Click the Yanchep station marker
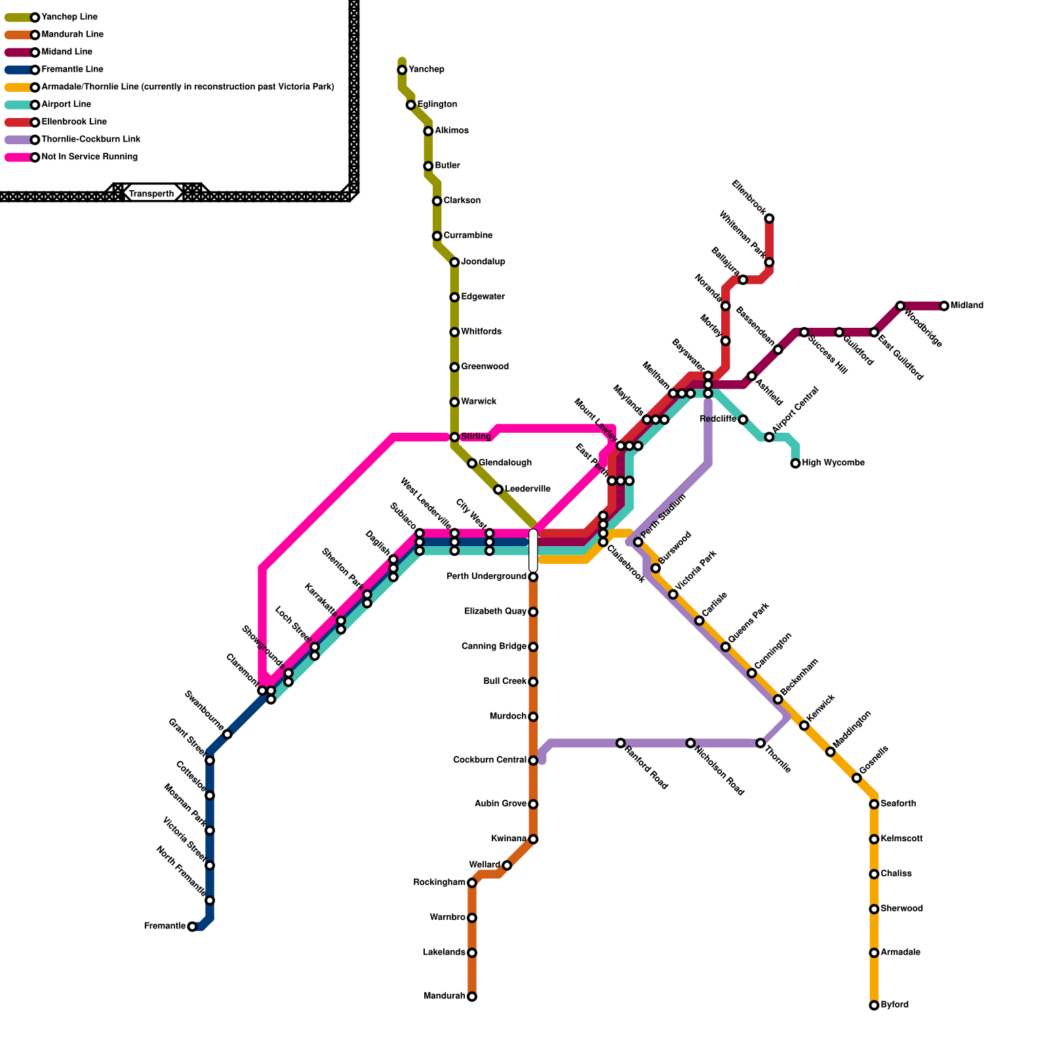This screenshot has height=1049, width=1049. (x=402, y=70)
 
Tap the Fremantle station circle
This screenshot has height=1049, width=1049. (x=192, y=926)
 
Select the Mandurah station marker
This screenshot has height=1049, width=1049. (x=472, y=997)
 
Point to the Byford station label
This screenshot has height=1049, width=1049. (x=894, y=1005)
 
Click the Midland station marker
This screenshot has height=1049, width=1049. (x=944, y=306)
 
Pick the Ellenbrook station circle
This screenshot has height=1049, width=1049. (x=769, y=218)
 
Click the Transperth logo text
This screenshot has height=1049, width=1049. (x=151, y=193)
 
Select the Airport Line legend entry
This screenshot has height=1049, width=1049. (x=66, y=104)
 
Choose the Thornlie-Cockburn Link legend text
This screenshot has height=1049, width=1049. (x=90, y=140)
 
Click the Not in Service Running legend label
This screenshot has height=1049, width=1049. (x=89, y=157)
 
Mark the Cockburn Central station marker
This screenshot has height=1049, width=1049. (x=533, y=761)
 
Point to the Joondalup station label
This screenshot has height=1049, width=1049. (x=483, y=262)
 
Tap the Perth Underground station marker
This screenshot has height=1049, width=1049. (x=533, y=577)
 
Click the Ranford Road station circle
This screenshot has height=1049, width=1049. (x=621, y=743)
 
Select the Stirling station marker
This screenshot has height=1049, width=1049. (x=454, y=437)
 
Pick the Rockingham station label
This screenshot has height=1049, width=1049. (x=439, y=882)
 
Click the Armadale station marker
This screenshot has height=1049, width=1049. (x=874, y=953)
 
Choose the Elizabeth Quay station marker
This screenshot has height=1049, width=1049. (x=533, y=612)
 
